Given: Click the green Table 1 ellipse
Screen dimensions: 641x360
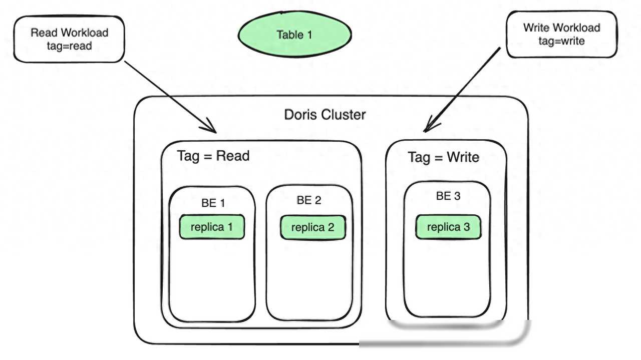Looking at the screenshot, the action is click(x=295, y=35).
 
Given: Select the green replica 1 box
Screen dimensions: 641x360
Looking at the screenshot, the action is click(x=212, y=227).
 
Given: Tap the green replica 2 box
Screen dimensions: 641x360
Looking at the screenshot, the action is click(x=313, y=227).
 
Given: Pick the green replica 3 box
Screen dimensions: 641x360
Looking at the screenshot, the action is click(x=448, y=227).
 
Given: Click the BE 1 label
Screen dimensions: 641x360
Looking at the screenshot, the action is click(x=213, y=203).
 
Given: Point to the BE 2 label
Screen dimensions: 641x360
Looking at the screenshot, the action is click(x=309, y=200).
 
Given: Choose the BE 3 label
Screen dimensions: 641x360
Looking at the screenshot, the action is click(x=448, y=196).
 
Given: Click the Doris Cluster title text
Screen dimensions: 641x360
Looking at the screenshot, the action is click(x=325, y=115).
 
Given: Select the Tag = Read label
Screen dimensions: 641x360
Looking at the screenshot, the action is click(x=213, y=156).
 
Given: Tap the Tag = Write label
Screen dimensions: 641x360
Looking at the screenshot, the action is click(x=444, y=157).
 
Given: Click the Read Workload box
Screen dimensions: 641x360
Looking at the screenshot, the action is click(x=69, y=39).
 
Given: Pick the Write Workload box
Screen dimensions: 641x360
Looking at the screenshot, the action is click(x=562, y=35).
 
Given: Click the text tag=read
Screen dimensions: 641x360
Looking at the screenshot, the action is click(x=69, y=46).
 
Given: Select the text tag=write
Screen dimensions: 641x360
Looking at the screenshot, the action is click(x=561, y=41).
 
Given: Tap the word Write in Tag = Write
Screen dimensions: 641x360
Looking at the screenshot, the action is click(x=463, y=157).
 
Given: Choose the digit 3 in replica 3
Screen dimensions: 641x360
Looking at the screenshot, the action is click(x=467, y=227).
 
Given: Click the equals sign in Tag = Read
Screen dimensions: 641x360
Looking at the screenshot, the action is click(x=208, y=157).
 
